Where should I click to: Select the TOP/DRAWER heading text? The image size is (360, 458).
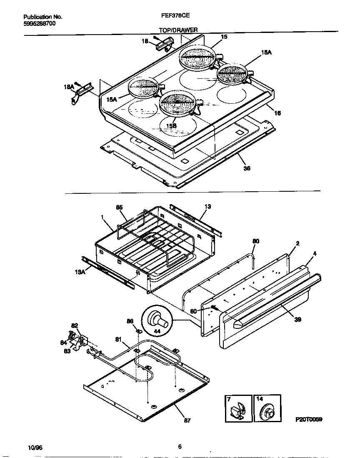[x=178, y=30]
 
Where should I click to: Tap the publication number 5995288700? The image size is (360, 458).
[x=39, y=23]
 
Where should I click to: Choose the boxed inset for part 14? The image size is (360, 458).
[x=267, y=409]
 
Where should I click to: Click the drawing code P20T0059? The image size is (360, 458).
[x=309, y=419]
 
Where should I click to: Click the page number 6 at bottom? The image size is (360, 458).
[x=180, y=447]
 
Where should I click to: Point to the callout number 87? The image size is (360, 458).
[x=187, y=420]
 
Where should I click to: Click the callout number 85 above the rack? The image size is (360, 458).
[x=120, y=207]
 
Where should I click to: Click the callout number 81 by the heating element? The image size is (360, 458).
[x=118, y=340]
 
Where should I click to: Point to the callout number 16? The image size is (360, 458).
[x=277, y=113]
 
